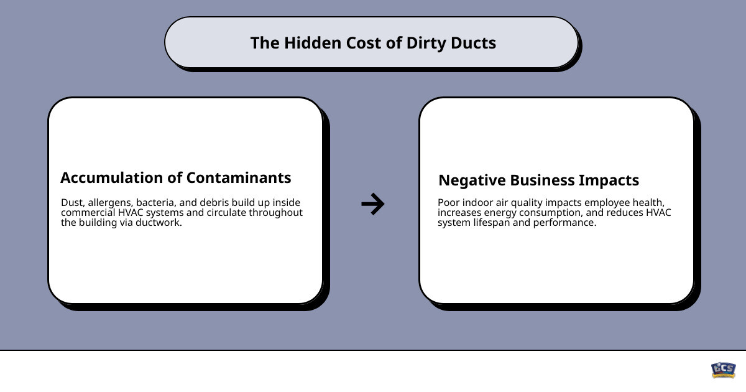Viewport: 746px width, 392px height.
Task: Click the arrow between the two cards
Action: tap(373, 203)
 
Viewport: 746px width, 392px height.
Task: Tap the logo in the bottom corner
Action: tap(723, 370)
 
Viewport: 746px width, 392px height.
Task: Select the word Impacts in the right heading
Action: tap(609, 180)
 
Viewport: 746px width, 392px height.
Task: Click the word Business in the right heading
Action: tap(541, 180)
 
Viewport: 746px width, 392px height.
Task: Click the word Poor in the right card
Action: tap(449, 203)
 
